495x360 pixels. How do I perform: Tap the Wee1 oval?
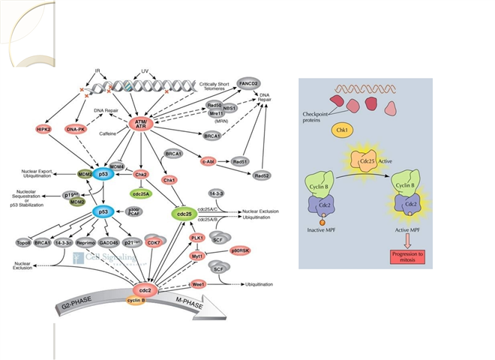(197, 284)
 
